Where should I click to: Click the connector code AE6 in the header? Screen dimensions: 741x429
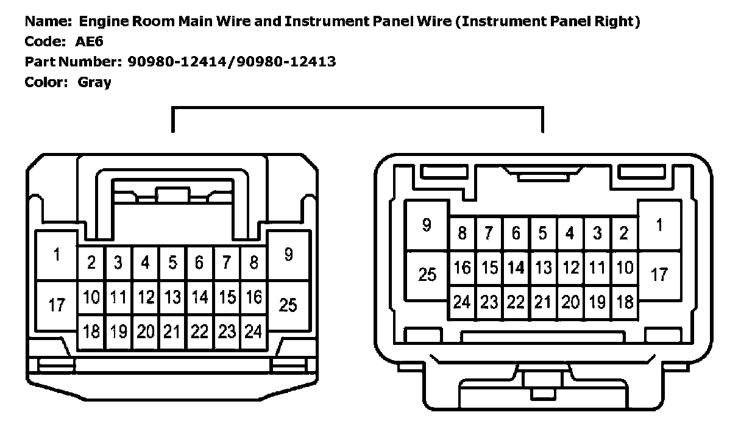click(91, 42)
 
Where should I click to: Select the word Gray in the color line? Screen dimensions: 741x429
click(94, 82)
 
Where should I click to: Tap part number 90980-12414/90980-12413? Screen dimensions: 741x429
click(232, 62)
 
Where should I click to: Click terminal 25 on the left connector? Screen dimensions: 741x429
click(288, 305)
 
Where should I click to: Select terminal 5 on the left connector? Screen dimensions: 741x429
click(172, 263)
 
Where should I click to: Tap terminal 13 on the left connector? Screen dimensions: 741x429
click(172, 297)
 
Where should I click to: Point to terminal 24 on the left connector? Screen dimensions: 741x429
click(253, 331)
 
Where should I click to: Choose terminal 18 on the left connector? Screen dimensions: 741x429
click(91, 331)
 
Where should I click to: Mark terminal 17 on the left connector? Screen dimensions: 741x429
click(57, 305)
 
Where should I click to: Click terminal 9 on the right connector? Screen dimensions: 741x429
click(427, 225)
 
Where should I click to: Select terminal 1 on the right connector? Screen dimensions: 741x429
click(659, 225)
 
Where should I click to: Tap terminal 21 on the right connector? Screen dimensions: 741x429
click(542, 302)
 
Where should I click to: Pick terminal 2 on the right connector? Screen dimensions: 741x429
click(623, 233)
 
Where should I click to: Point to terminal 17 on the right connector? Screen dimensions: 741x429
click(659, 275)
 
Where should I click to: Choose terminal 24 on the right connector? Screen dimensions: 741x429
click(462, 302)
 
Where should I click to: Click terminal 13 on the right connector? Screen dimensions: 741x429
click(542, 268)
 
